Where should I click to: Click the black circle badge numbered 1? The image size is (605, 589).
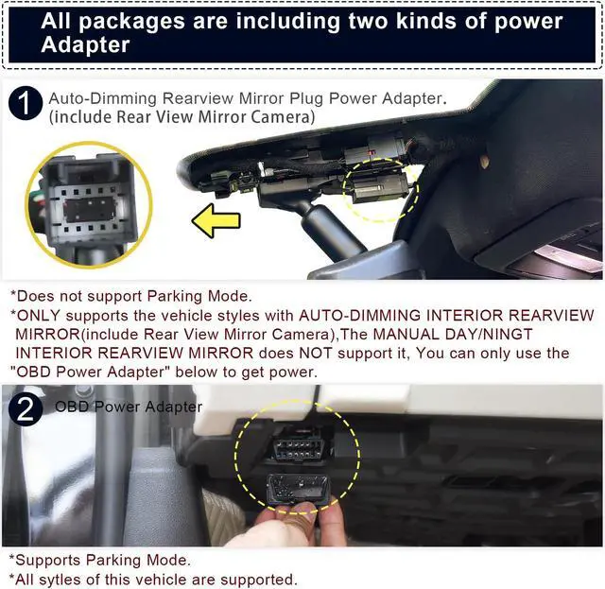pos(26,105)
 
